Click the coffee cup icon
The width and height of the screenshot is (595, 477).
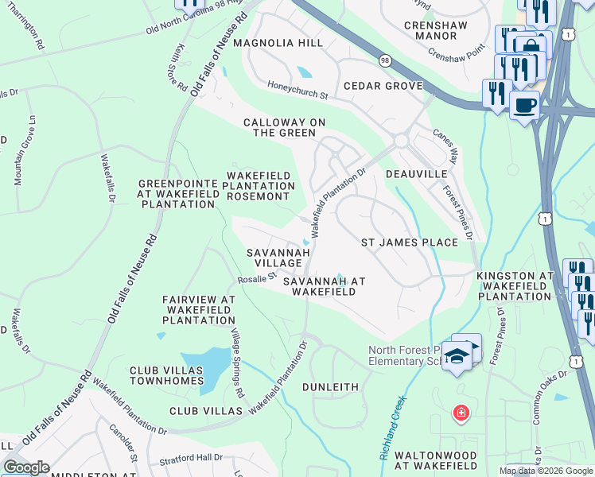coord(524,105)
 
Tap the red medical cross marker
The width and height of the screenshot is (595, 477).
coord(460,413)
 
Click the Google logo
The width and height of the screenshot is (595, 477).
coord(26,467)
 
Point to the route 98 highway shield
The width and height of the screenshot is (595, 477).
coord(385,61)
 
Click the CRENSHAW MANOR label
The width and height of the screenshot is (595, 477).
coord(430,30)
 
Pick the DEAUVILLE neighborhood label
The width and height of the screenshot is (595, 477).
coord(416,173)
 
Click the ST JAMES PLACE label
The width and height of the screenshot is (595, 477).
coord(410,242)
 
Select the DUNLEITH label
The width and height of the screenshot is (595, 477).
coord(330,386)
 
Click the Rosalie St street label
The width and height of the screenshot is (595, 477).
coord(256,279)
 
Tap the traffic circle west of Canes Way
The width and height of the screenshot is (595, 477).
coord(400,140)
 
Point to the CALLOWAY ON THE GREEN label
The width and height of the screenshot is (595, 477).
coord(285,127)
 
